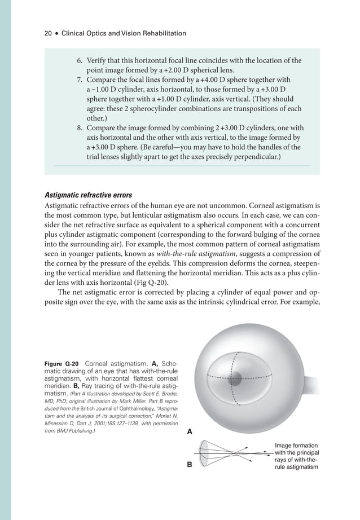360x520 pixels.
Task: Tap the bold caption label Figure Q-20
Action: pos(62,363)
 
